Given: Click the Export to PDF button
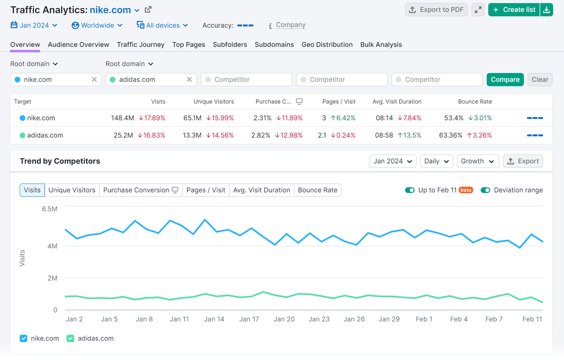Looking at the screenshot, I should click(436, 10).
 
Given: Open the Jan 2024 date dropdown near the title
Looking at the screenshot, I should click(34, 25).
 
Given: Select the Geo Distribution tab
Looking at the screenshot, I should click(327, 45).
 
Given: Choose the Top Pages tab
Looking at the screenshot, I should click(189, 45).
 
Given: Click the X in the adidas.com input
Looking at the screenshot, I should click(189, 80).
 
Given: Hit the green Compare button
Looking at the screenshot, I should click(505, 80).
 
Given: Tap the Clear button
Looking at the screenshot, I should click(539, 80).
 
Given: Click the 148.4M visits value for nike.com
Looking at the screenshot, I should click(122, 118).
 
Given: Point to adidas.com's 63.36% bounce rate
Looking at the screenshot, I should click(450, 135).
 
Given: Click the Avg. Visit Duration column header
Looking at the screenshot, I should click(397, 101).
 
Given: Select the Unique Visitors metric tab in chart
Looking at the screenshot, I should click(72, 190).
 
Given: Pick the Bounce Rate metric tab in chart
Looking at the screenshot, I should click(317, 190).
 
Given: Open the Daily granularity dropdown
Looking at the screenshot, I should click(436, 161).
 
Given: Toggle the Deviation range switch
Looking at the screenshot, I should click(485, 190).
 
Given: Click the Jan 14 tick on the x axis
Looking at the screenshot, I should click(214, 319).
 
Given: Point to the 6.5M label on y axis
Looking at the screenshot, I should click(50, 209).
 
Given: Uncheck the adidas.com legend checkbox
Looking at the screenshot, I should click(70, 338).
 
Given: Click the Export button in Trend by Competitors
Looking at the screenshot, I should click(523, 161).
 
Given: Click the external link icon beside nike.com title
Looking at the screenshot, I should click(148, 10).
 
